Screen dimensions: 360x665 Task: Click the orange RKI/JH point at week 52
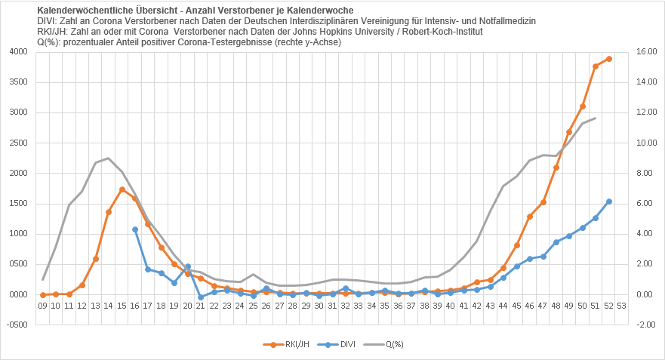[x=609, y=59]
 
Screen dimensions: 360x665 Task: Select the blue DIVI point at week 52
[x=609, y=202]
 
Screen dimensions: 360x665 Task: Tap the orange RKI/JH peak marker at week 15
[x=122, y=189]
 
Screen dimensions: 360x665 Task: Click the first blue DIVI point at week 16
[x=135, y=229]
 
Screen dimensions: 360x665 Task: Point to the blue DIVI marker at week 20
[x=188, y=266]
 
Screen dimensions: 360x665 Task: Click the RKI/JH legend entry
[x=283, y=345]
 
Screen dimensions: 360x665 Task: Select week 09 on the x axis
[x=43, y=306]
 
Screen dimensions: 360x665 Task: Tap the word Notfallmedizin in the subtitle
[x=506, y=21]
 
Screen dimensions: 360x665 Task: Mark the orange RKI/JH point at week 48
[x=556, y=168]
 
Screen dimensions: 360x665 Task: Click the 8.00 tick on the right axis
[x=648, y=174]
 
